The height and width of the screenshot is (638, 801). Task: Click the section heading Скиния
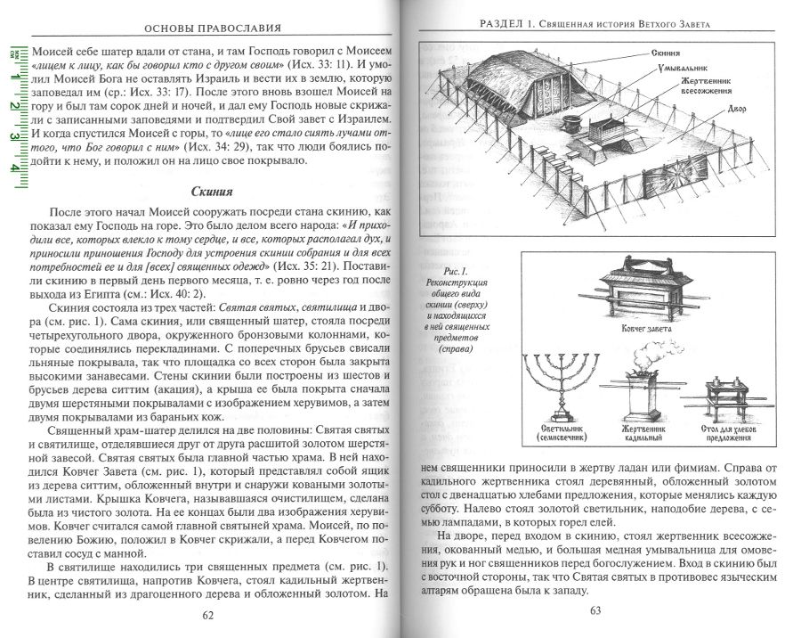(x=213, y=192)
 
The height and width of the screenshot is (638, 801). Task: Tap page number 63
(x=596, y=609)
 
